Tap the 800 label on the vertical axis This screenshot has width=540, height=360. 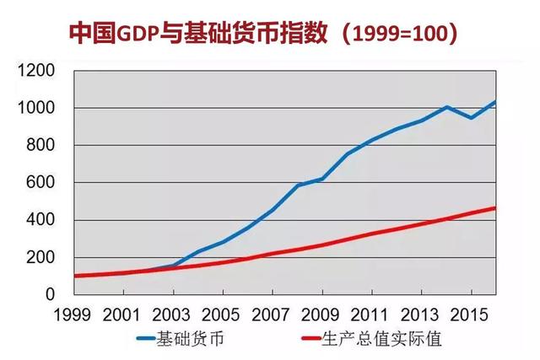(40, 145)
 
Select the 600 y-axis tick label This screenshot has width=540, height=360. (40, 182)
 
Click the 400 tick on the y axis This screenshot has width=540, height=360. (40, 220)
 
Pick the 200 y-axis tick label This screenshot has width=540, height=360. (40, 257)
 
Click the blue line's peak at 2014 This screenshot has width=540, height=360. (446, 107)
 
